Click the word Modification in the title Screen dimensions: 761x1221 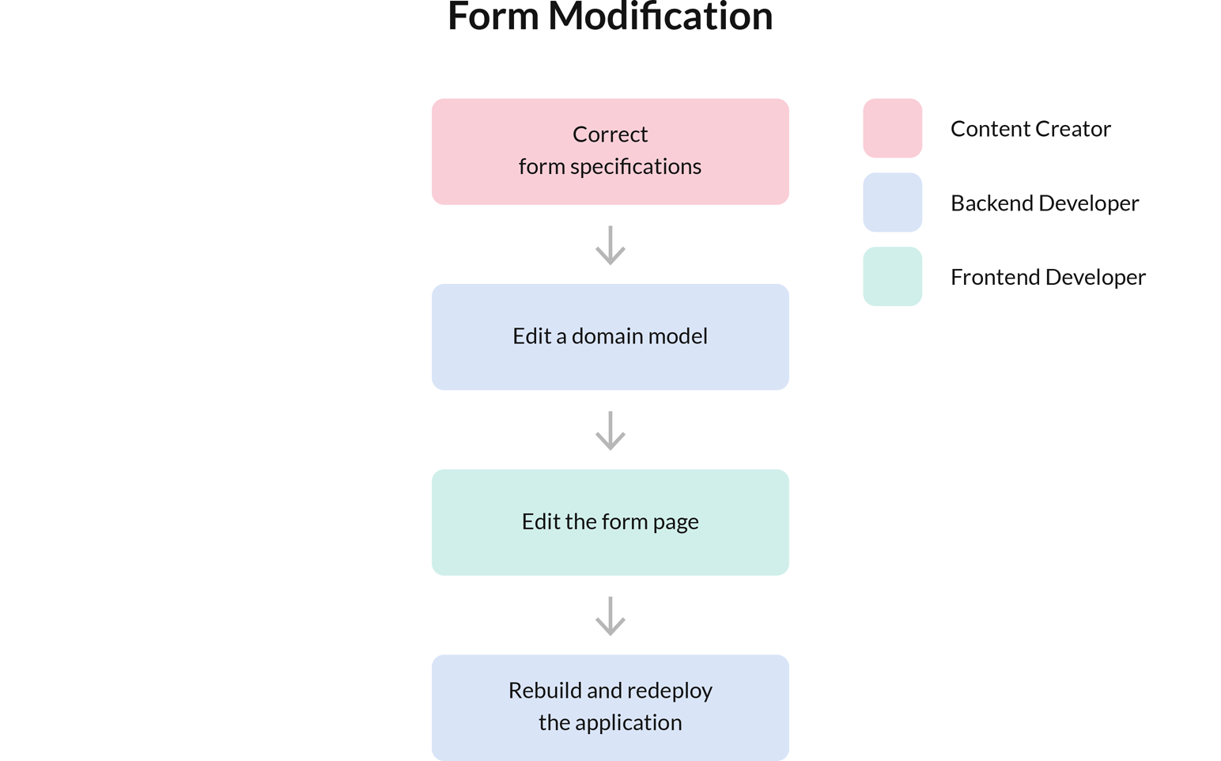[660, 17]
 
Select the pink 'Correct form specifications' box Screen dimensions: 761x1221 [610, 152]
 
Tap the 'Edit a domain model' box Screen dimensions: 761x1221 [610, 337]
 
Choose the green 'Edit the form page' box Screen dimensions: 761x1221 [610, 522]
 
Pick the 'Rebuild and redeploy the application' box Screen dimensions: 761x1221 [610, 707]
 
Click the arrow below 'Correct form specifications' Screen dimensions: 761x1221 [610, 245]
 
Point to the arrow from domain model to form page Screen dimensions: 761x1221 [610, 430]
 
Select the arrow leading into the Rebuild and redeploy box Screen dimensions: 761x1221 [610, 615]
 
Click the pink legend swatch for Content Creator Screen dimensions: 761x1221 [892, 128]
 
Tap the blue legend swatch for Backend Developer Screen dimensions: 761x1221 [892, 203]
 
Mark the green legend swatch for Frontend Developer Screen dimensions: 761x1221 [892, 277]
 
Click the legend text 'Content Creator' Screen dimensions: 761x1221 [1030, 129]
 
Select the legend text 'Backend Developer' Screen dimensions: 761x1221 [1044, 203]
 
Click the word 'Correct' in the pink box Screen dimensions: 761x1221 [610, 134]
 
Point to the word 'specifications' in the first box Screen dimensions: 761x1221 [635, 167]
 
